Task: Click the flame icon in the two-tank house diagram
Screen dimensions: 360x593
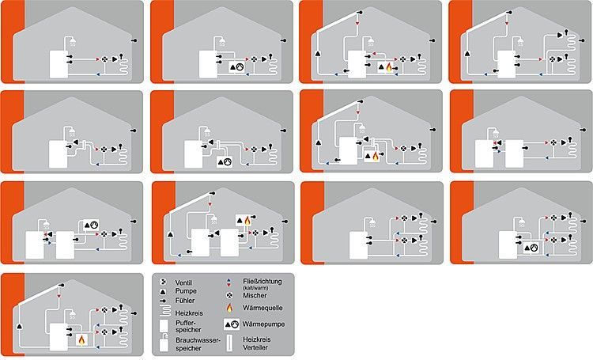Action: [245, 222]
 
